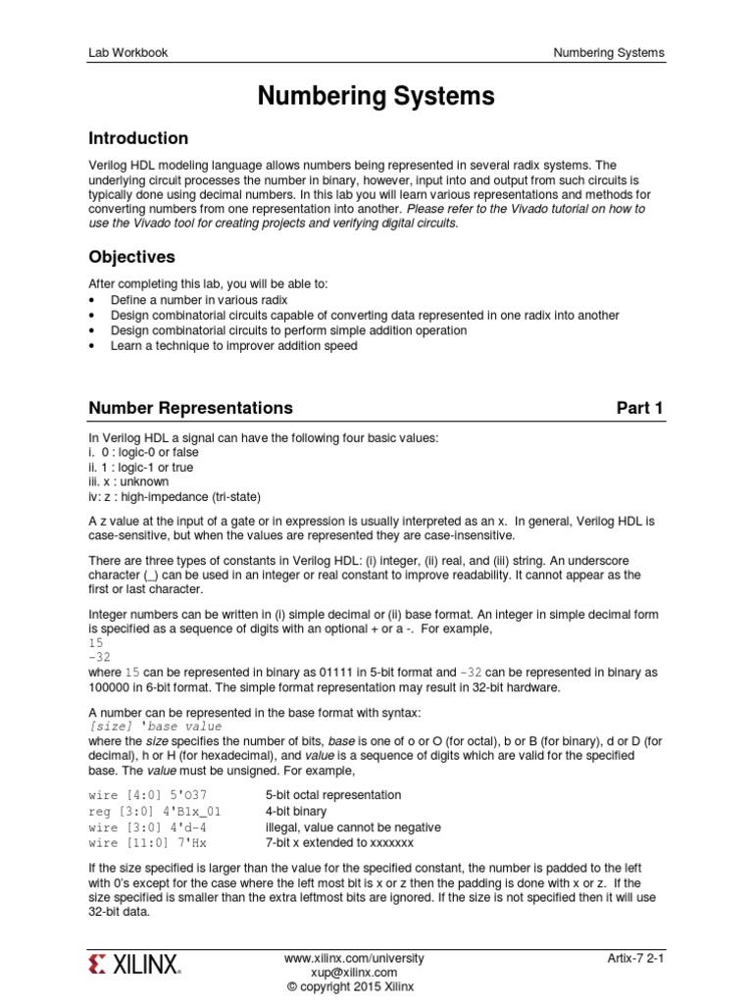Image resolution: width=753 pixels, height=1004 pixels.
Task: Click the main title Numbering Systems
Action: coord(376,96)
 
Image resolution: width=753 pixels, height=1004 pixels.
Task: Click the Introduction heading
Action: coord(138,138)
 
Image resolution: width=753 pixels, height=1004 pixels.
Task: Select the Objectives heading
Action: coord(131,257)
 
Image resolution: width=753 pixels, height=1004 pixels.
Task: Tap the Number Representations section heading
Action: coord(190,408)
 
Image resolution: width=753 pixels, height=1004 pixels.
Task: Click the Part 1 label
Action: coord(639,408)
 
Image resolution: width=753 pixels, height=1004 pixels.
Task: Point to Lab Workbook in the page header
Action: coord(127,53)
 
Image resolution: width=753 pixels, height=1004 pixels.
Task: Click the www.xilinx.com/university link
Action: coord(354,957)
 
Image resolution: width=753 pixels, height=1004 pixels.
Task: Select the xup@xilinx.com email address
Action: coord(354,972)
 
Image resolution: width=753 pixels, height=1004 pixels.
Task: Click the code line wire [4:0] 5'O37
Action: coord(148,795)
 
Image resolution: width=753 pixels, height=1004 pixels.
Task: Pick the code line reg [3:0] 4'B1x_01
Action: coord(155,812)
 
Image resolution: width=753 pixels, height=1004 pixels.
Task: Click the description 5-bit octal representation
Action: coord(333,795)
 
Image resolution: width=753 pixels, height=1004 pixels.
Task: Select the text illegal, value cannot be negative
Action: coord(353,828)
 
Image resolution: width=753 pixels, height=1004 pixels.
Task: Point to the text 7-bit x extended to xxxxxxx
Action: coord(339,843)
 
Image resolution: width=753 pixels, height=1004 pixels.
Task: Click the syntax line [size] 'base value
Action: coord(155,727)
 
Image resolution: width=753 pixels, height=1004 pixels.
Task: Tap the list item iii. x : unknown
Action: coord(128,482)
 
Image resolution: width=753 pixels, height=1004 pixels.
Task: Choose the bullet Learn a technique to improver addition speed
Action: coord(233,346)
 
